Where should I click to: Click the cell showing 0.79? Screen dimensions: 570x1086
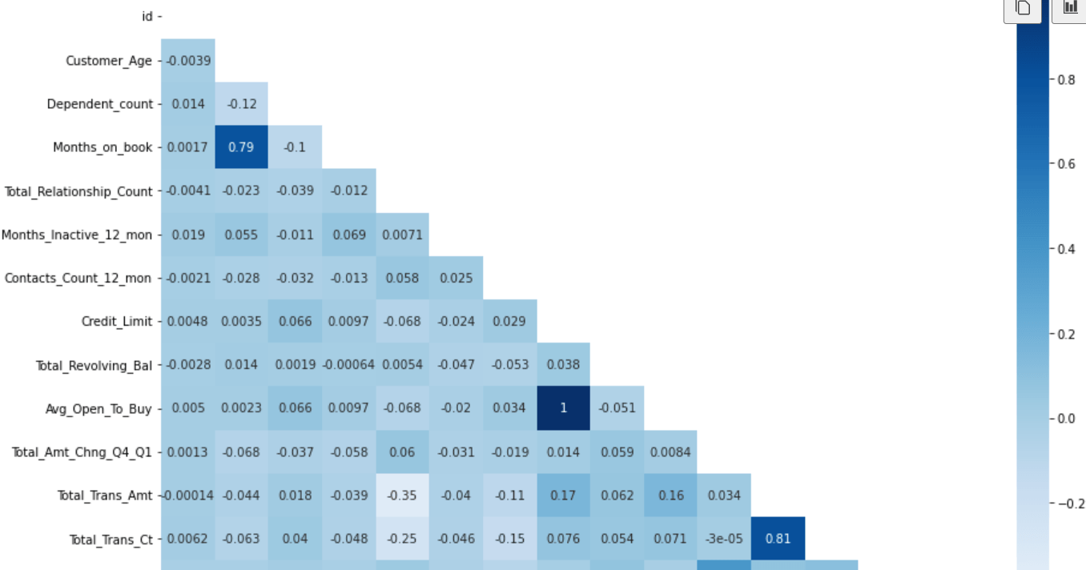pos(241,147)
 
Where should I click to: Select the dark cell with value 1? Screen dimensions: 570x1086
pos(563,407)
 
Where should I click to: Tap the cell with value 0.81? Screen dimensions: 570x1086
pos(778,539)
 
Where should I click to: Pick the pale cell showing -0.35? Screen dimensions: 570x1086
pos(402,496)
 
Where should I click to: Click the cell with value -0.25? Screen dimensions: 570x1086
pos(402,539)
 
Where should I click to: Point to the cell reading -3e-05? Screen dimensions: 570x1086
pos(724,539)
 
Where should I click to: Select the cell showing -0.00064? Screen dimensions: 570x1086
pos(348,365)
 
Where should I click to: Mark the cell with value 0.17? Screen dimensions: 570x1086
pos(563,496)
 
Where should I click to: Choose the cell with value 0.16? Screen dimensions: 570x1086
pos(670,496)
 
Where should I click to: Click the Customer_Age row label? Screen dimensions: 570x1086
pos(108,61)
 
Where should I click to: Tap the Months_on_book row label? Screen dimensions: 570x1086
pos(102,147)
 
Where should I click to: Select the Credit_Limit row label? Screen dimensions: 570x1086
pos(116,321)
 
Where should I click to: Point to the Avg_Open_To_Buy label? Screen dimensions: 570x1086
pos(98,408)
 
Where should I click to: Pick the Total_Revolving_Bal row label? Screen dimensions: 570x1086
pos(93,365)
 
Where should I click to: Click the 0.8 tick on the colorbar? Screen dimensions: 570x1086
pos(1066,79)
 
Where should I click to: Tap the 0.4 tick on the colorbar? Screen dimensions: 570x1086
pos(1066,249)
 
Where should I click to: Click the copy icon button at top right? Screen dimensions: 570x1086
pos(1023,8)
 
